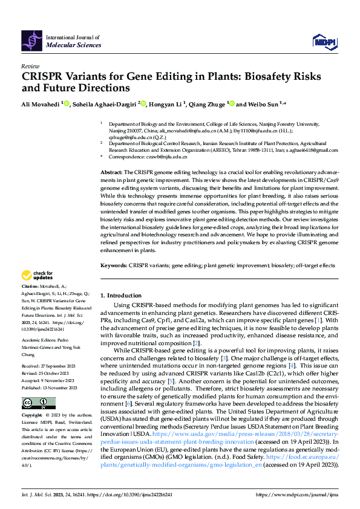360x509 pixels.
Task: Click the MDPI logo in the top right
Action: [x=322, y=41]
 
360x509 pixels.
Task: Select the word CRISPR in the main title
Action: [x=44, y=77]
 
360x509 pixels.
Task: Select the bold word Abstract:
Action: [x=111, y=172]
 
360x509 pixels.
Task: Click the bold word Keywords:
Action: [x=113, y=265]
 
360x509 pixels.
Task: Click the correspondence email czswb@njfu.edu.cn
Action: [x=163, y=157]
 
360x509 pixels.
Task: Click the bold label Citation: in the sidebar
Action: [x=30, y=285]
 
